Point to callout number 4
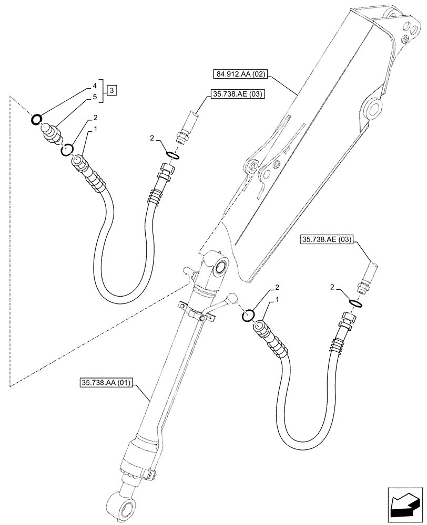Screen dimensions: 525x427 [95, 86]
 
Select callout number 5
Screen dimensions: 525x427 [95, 97]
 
